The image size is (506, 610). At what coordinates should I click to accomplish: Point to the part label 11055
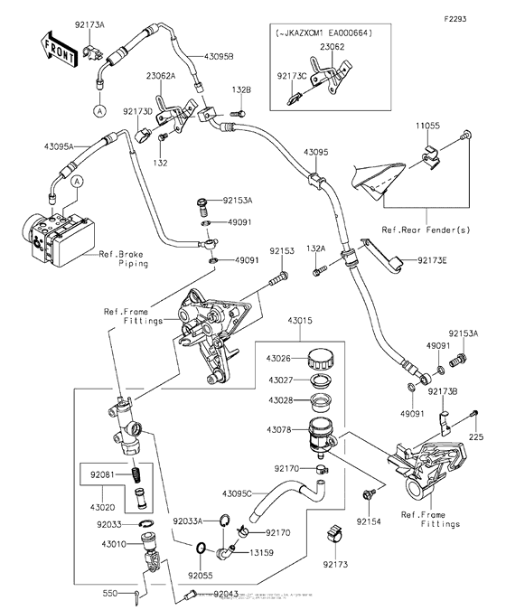(427, 126)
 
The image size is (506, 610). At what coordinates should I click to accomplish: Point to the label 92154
(368, 521)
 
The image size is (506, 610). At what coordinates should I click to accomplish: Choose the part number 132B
(241, 90)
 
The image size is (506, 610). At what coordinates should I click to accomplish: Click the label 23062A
(177, 77)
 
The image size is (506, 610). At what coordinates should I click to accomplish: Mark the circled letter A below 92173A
(96, 108)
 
